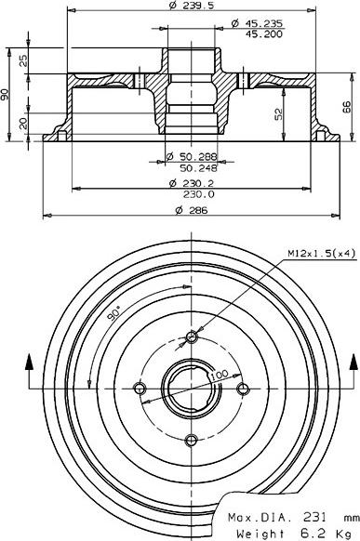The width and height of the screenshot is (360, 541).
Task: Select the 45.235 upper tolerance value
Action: (x=263, y=23)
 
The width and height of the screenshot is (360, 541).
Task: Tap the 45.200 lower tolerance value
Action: (x=263, y=33)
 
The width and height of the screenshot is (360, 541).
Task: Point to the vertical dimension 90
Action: (x=5, y=95)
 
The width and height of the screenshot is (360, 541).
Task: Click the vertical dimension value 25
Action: (x=23, y=61)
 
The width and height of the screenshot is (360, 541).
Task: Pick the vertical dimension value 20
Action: (x=23, y=124)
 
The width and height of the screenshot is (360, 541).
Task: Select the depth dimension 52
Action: (x=278, y=113)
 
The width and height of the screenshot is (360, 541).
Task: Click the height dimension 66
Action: (x=347, y=107)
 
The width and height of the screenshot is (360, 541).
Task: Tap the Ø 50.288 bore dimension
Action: (x=192, y=157)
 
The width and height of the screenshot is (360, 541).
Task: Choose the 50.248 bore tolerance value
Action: (x=199, y=168)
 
